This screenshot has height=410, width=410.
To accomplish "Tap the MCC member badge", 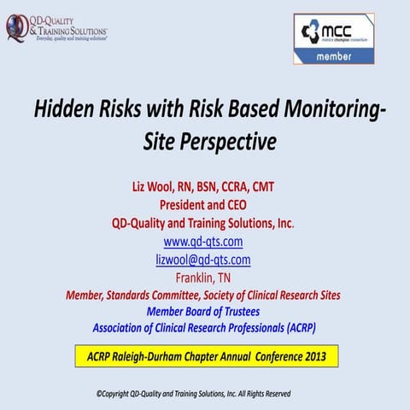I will [334, 38].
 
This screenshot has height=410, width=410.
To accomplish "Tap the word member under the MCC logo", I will [334, 56].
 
